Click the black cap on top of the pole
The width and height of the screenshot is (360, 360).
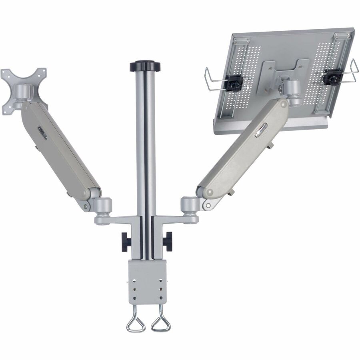[145, 66]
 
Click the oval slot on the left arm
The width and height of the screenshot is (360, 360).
[42, 133]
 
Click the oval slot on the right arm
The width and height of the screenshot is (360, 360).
[261, 130]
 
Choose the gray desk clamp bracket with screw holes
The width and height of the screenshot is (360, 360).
[148, 280]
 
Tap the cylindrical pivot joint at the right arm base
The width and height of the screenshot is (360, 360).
[190, 204]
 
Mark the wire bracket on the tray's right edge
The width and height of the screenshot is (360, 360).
[352, 72]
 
